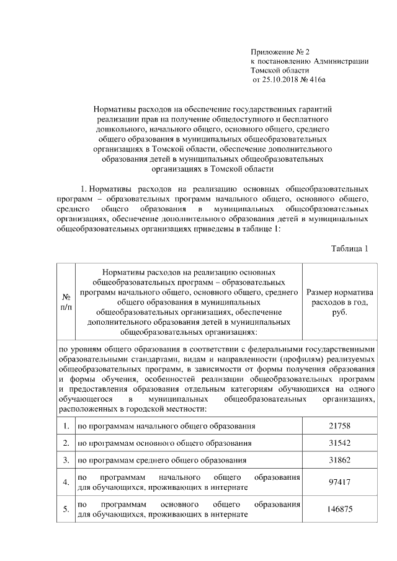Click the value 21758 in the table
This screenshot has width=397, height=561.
tap(339, 426)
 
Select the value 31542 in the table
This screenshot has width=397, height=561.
tap(339, 443)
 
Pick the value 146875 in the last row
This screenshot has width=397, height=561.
tap(339, 509)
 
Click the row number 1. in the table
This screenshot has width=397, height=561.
tap(65, 426)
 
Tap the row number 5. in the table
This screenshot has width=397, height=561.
tap(65, 509)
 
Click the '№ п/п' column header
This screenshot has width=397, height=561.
tap(65, 302)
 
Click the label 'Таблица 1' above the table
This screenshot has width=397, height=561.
tap(350, 249)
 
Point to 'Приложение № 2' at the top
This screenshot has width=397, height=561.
tap(279, 51)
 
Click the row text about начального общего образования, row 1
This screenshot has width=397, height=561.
tap(166, 426)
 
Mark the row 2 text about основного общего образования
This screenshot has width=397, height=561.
tap(164, 443)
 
